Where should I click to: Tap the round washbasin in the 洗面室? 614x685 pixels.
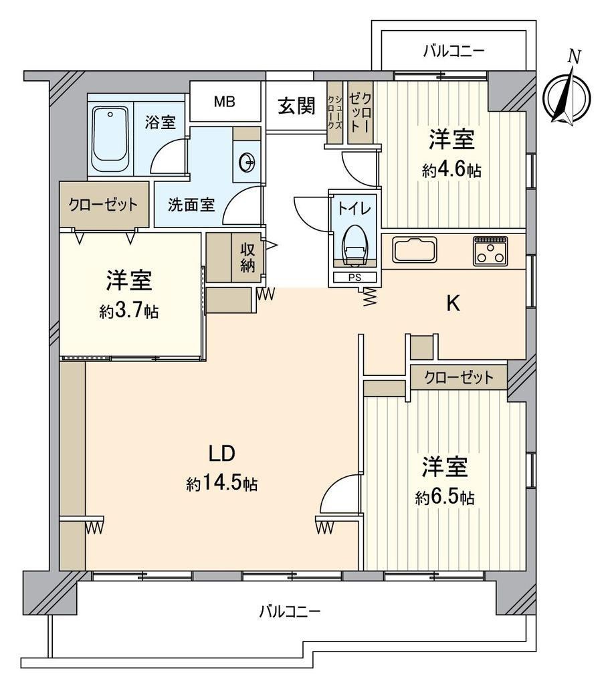click(x=247, y=162)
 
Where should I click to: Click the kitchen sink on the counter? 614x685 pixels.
click(x=414, y=249)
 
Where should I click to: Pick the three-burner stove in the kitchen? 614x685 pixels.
click(x=490, y=251)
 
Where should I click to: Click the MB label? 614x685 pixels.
click(x=225, y=102)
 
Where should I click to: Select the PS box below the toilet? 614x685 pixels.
click(x=354, y=277)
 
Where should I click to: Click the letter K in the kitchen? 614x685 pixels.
click(x=453, y=303)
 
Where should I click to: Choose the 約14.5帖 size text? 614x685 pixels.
click(x=221, y=484)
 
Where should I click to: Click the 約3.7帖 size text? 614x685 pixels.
click(x=129, y=311)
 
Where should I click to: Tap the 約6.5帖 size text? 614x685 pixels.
click(x=445, y=497)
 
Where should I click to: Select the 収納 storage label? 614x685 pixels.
click(x=247, y=258)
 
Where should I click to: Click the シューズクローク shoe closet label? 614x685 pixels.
click(x=335, y=112)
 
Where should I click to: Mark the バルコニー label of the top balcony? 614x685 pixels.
click(x=453, y=52)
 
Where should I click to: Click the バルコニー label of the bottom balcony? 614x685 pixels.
click(x=290, y=611)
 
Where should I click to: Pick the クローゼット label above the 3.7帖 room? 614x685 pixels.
click(x=103, y=204)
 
